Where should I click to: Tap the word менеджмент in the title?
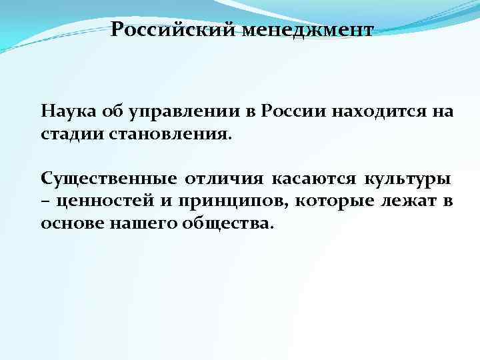click(x=309, y=30)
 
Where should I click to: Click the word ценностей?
click(x=99, y=201)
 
